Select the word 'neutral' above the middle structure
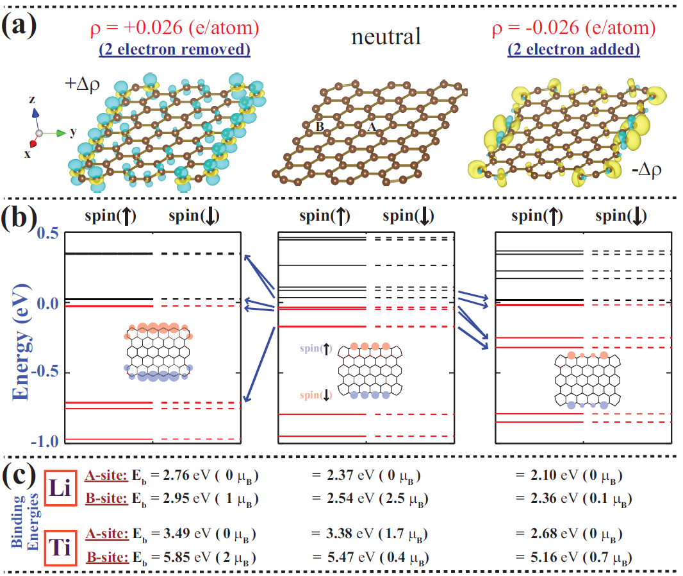(x=386, y=37)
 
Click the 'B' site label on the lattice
(x=319, y=127)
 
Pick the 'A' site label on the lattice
(x=371, y=127)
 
